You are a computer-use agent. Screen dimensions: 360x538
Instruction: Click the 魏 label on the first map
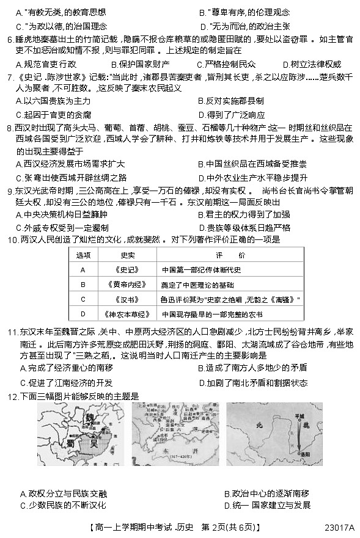pyautogui.click(x=89, y=416)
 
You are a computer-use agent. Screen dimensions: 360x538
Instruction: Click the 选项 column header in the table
pyautogui.click(x=83, y=254)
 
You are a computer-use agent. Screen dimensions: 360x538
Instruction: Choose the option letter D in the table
pyautogui.click(x=83, y=314)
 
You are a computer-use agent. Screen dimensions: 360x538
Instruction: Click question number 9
pyautogui.click(x=10, y=191)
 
